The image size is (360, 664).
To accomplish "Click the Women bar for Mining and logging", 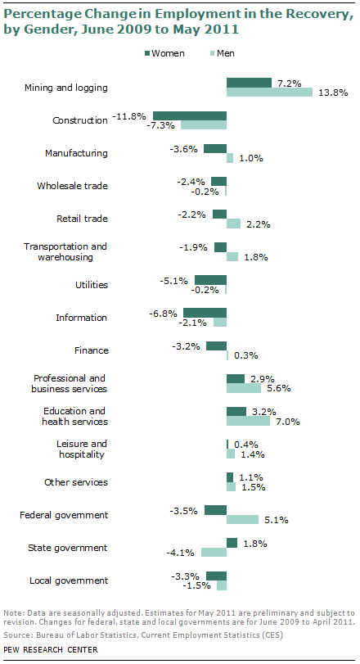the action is [249, 83].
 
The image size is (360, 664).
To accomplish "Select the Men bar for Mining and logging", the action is [269, 92].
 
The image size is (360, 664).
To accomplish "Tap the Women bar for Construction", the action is [190, 115].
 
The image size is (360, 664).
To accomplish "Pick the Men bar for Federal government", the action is [242, 519].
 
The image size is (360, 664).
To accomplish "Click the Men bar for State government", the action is [214, 552].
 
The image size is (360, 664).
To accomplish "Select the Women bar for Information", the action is [205, 313].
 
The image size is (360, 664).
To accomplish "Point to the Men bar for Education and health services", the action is [249, 421].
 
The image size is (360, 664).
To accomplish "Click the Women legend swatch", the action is [147, 53].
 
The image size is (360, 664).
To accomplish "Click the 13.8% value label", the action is [333, 93].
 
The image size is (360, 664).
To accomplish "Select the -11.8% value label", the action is [129, 115].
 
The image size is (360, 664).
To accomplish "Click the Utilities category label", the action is [92, 285].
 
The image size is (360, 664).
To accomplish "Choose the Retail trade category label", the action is [82, 219].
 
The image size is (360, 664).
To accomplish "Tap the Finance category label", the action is [92, 350].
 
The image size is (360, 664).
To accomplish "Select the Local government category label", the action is [69, 580].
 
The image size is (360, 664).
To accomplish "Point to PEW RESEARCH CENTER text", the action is [50, 649].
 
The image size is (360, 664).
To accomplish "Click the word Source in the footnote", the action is [17, 635].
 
